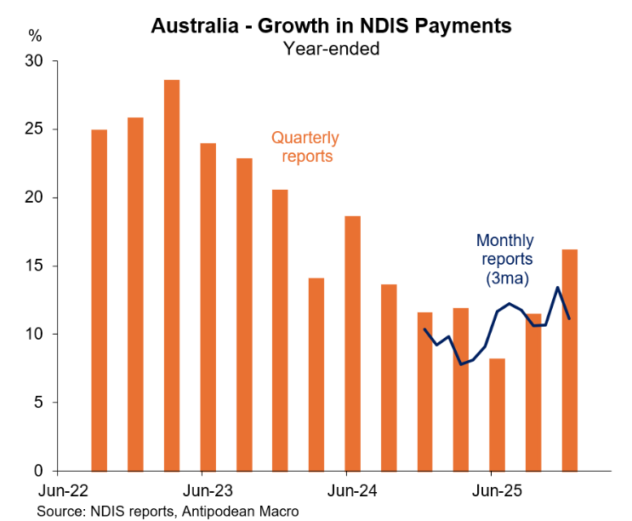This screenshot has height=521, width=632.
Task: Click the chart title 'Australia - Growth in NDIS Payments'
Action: pyautogui.click(x=331, y=26)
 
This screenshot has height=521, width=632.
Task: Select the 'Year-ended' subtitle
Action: pyautogui.click(x=331, y=49)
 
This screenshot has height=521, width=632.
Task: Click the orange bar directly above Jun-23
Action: pyautogui.click(x=208, y=306)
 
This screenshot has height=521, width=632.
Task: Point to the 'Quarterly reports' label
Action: pyautogui.click(x=305, y=146)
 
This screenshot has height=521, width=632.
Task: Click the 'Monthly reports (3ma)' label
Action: pyautogui.click(x=504, y=260)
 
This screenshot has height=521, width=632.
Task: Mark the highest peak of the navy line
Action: pyautogui.click(x=557, y=288)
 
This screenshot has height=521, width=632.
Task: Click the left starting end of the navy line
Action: pyautogui.click(x=424, y=329)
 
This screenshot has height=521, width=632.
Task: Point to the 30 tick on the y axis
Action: pyautogui.click(x=34, y=62)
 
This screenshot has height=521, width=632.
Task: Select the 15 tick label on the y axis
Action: pyautogui.click(x=34, y=266)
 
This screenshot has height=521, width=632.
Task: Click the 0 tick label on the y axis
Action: pyautogui.click(x=38, y=471)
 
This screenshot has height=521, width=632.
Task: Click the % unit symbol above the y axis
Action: pyautogui.click(x=35, y=36)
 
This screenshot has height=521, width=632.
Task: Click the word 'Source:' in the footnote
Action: pyautogui.click(x=61, y=511)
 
